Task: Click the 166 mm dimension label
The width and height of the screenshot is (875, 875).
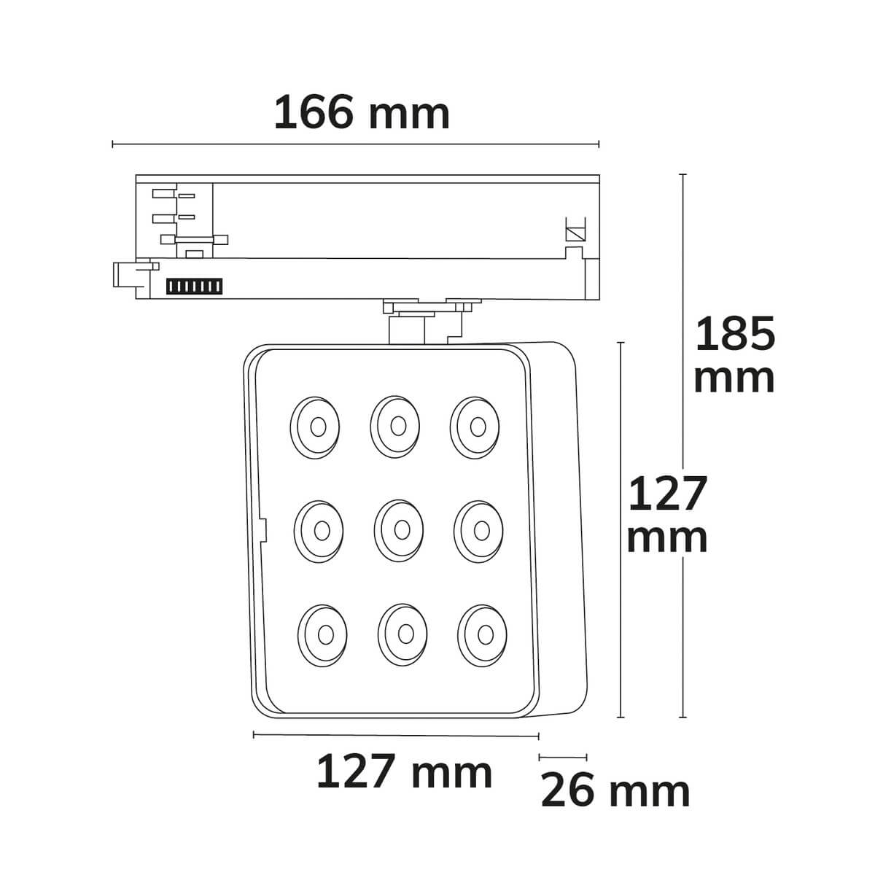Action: click(362, 112)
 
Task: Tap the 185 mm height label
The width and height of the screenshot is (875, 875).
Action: click(735, 355)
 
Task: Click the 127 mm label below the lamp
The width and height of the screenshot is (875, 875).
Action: click(404, 772)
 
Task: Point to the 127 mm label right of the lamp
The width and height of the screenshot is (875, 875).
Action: click(667, 514)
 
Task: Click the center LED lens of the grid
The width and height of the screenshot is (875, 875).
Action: click(399, 530)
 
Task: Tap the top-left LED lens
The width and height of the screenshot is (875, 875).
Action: click(315, 427)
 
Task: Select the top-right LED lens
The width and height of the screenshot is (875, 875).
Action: click(475, 427)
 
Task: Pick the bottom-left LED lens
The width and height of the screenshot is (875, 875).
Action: click(322, 635)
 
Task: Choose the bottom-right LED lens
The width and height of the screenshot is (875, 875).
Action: click(483, 635)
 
